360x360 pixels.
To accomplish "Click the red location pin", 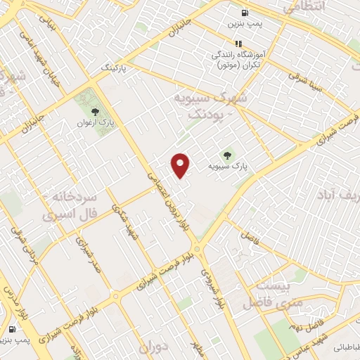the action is pyautogui.click(x=181, y=164).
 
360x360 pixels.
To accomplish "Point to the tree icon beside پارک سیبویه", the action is pyautogui.click(x=226, y=154).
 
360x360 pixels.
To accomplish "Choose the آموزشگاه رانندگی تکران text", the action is pyautogui.click(x=236, y=58).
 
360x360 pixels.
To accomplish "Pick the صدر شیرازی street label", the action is pyautogui.click(x=89, y=256).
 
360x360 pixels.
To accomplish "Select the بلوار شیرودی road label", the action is pyautogui.click(x=212, y=288).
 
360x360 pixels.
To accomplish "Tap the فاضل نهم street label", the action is pyautogui.click(x=302, y=321).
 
